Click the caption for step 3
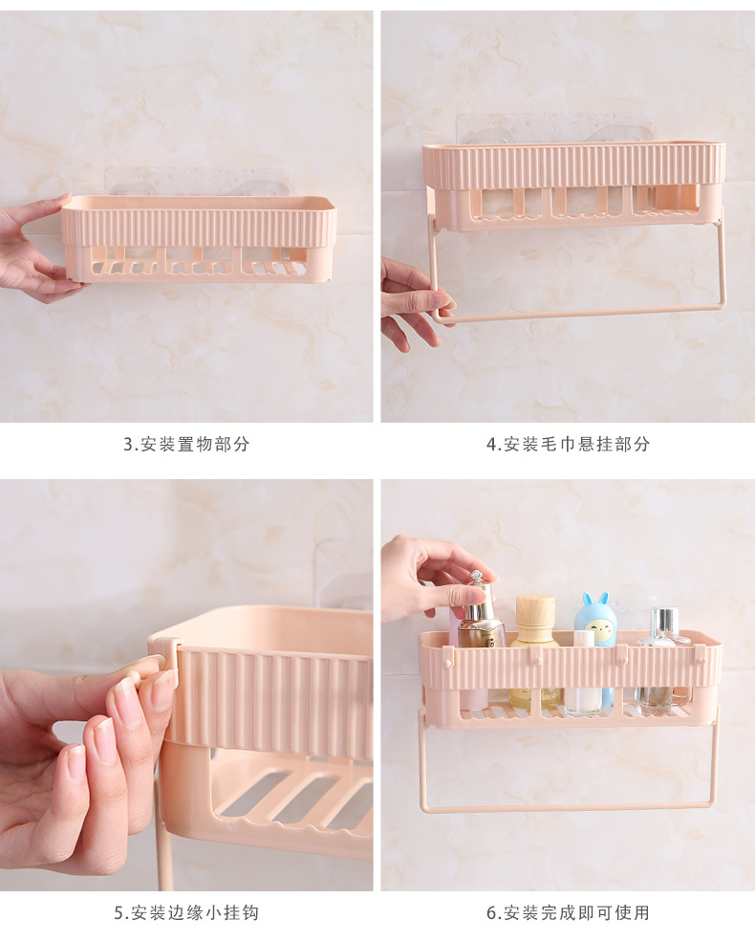click(186, 444)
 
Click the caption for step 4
click(568, 444)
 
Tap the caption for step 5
click(186, 912)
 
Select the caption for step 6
click(568, 912)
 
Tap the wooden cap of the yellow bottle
click(535, 610)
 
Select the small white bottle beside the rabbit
click(583, 673)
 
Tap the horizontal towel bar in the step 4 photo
click(579, 313)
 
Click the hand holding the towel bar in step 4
click(417, 303)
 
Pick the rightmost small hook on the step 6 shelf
click(700, 655)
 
